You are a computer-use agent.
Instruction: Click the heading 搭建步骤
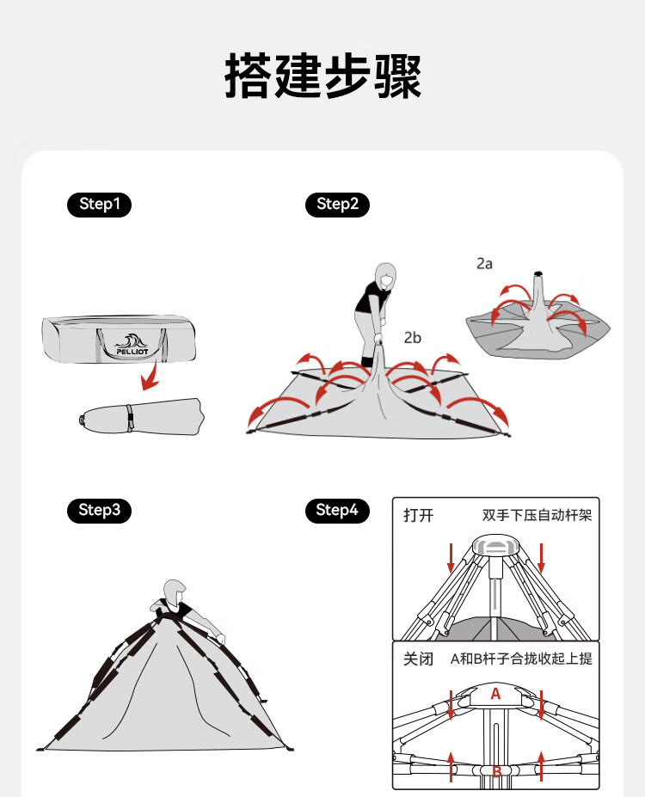coord(322,76)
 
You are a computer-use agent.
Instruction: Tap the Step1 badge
coord(99,205)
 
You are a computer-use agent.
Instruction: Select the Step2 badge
coord(337,205)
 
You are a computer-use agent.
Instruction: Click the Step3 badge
coord(99,510)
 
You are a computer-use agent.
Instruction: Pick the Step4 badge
coord(337,510)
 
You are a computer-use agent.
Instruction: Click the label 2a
coord(484,264)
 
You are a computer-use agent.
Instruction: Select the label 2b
coord(412,338)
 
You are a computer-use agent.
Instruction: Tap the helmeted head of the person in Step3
coord(175,592)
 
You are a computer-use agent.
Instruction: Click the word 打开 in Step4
coord(418,516)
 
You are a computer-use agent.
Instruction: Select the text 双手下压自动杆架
coord(537,516)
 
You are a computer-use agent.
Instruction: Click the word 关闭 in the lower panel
coord(418,659)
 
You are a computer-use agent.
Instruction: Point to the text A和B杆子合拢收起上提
coord(521,659)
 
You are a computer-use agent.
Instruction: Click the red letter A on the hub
coord(495,694)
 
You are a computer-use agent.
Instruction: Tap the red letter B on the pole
coord(496,771)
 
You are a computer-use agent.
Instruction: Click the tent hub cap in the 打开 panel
coord(495,545)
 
